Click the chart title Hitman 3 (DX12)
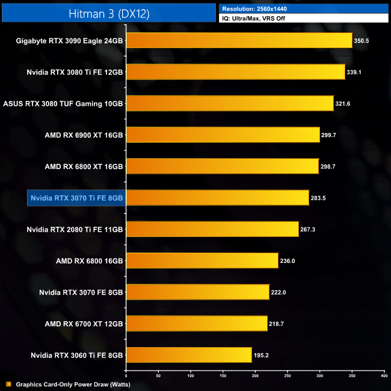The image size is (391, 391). pos(108,12)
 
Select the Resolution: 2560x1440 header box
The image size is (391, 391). pos(304,8)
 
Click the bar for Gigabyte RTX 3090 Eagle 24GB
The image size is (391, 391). pos(239,41)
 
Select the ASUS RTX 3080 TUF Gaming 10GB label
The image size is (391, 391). pos(63,103)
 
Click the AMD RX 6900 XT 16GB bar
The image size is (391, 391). pos(223,135)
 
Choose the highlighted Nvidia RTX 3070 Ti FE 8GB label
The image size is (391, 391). pos(76,197)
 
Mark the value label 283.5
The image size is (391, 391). pos(319,197)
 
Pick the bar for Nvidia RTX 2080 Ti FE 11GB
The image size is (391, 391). pos(212,229)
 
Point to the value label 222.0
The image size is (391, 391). pos(280,292)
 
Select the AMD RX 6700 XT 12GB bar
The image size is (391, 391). pos(197,323)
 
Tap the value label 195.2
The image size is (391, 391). pos(262,355)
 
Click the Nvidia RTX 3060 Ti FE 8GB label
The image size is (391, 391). pos(75,355)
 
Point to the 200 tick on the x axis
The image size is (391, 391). pos(255,375)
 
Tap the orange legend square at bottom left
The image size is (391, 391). pos(8,384)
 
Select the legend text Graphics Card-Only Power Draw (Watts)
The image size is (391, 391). pos(73,384)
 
